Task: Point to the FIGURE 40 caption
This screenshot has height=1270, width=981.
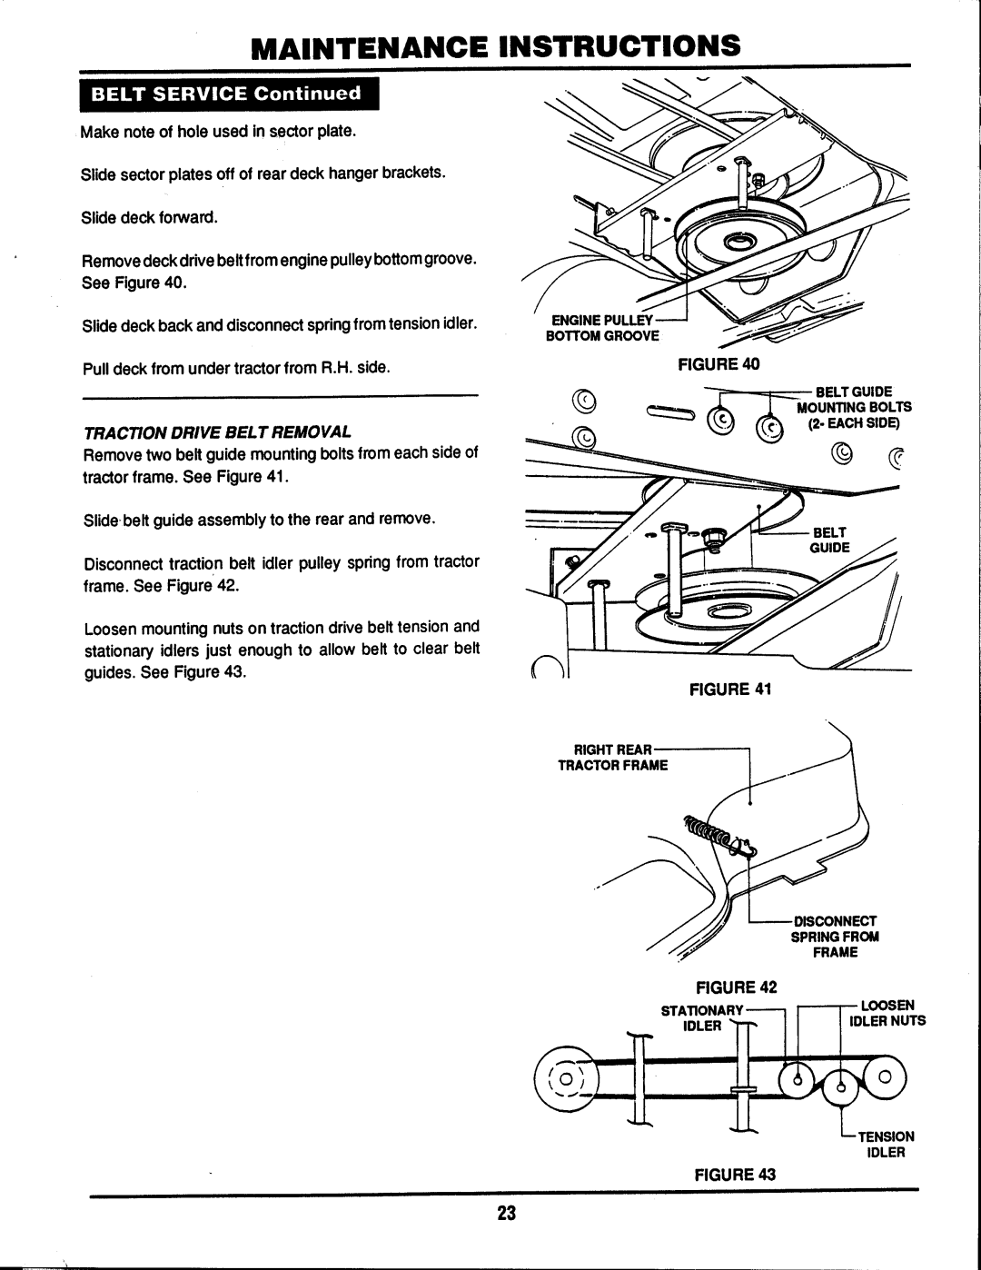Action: (x=723, y=364)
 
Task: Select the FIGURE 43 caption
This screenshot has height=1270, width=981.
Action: (x=724, y=1175)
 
